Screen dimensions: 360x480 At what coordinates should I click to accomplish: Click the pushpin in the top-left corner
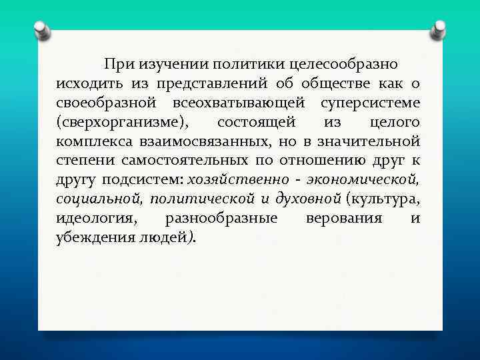point(41,30)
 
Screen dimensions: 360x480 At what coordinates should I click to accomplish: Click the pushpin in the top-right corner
point(438,29)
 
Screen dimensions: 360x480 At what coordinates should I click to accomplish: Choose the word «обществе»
point(329,83)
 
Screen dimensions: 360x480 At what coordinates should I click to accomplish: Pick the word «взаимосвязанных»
point(196,141)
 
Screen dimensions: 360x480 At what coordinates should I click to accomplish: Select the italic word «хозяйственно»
point(239,180)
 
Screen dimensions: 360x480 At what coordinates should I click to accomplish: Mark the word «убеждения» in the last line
point(90,238)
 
